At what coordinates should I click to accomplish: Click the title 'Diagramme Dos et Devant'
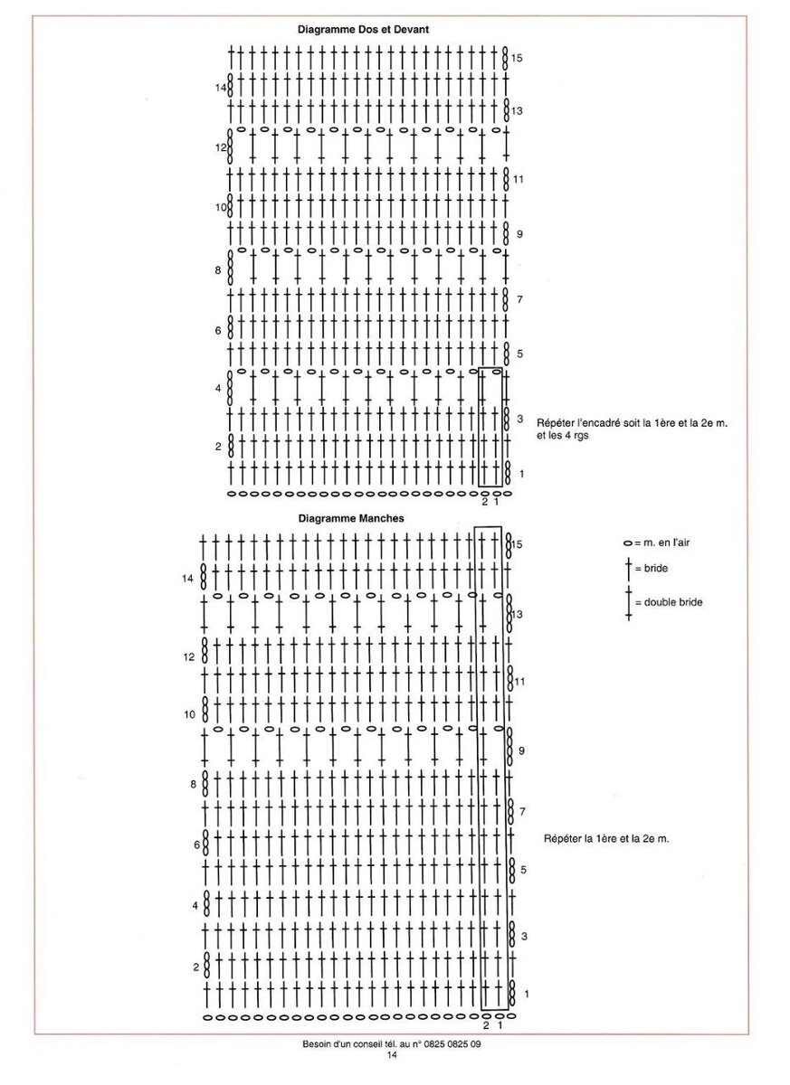(363, 29)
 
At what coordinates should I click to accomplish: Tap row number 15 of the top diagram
(517, 58)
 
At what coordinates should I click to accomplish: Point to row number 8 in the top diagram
(218, 269)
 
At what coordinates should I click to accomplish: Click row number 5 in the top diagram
(519, 354)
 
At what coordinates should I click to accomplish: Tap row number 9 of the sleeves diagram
(522, 750)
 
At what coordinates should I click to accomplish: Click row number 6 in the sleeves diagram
(196, 845)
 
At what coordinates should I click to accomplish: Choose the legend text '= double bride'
(669, 602)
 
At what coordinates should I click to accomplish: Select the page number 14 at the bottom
(392, 1055)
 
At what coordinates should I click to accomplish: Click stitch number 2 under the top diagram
(484, 502)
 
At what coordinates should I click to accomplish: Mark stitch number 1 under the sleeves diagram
(499, 1025)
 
